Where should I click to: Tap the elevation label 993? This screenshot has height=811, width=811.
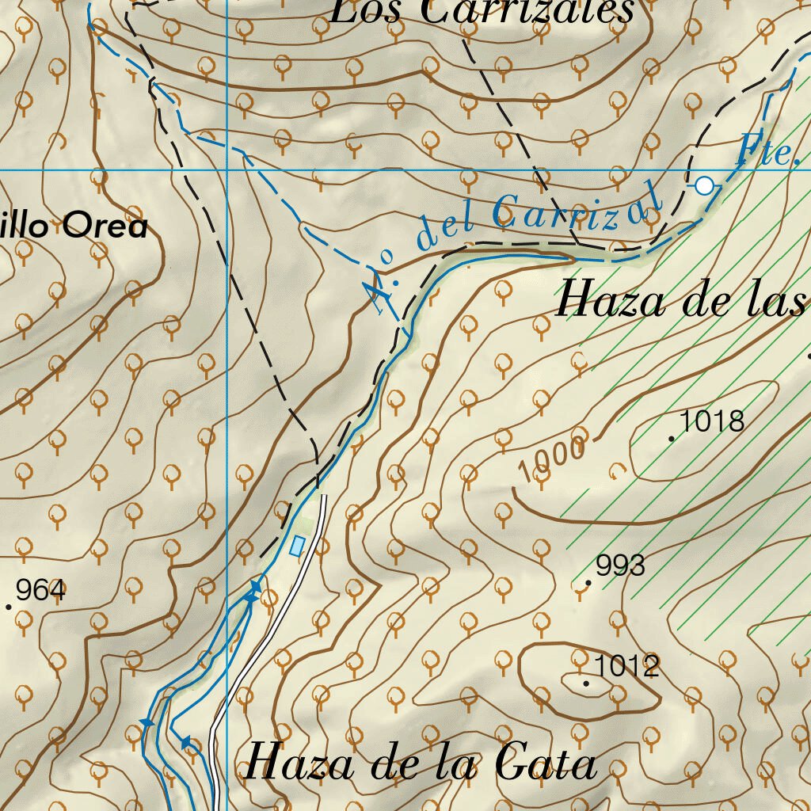pos(621,565)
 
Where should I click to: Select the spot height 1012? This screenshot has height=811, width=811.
pos(626,666)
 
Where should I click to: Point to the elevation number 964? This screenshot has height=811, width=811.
pos(40,590)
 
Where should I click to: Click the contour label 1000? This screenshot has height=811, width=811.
pos(552,459)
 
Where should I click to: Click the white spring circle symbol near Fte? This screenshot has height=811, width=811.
pos(704,186)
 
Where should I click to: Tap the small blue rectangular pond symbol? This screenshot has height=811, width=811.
pos(297,546)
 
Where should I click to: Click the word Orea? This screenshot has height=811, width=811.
pos(105,227)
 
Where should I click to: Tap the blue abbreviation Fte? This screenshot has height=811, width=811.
pos(767,151)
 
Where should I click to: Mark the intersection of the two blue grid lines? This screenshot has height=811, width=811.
pos(227,169)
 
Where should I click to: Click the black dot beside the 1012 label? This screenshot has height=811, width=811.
pos(586,683)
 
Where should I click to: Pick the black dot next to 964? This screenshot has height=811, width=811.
pos(9,607)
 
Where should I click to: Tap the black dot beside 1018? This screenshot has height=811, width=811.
pos(672,438)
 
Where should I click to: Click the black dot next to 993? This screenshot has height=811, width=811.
pos(588,583)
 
